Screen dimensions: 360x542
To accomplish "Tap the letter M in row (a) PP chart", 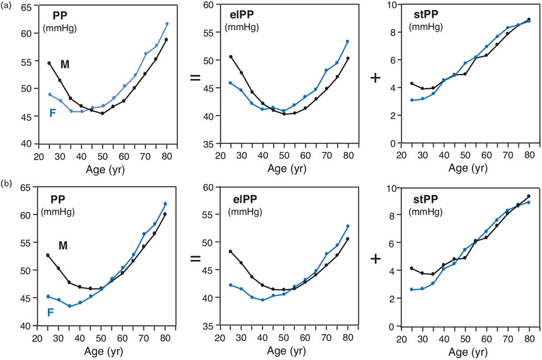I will click(65, 64).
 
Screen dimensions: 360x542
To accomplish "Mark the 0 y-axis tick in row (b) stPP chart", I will click(396, 326).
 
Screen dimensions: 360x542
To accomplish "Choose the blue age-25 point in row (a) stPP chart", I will click(412, 100).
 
